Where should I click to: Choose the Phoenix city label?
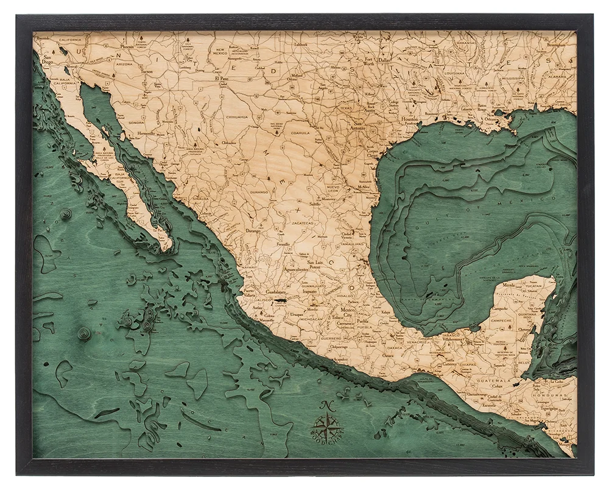click(x=127, y=46)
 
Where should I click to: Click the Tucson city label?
click(x=146, y=71)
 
